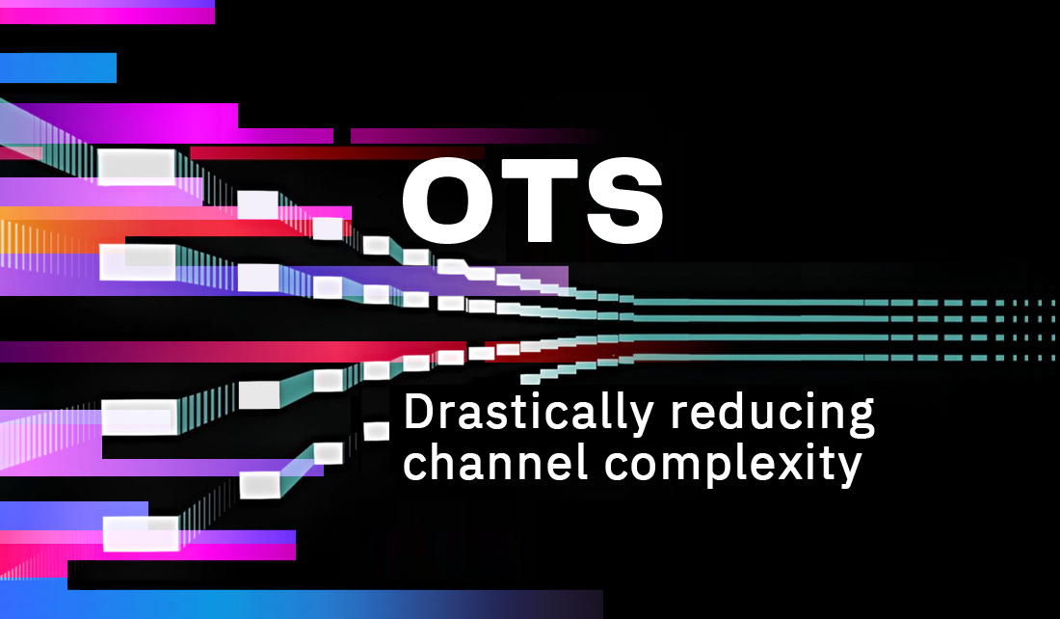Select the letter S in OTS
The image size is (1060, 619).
tap(624, 201)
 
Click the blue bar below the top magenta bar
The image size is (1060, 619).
tap(58, 67)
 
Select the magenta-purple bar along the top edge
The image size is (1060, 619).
tap(107, 12)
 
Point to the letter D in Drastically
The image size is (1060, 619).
tap(419, 412)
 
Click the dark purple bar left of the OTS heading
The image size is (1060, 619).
tap(473, 136)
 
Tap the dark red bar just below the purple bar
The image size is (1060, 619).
tap(337, 153)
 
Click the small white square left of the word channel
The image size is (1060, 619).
tap(377, 431)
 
